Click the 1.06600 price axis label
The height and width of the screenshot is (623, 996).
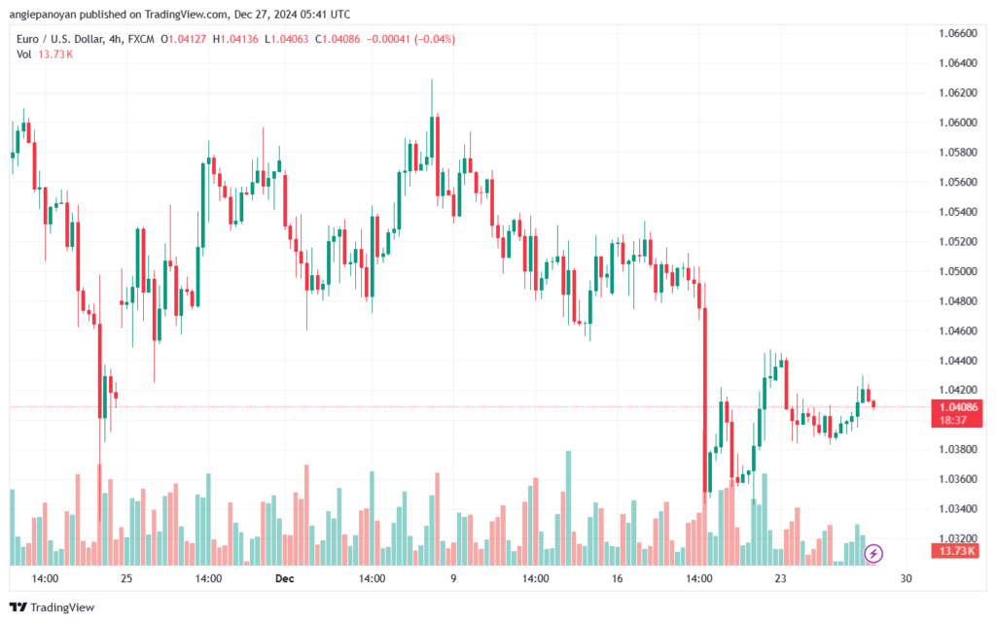pyautogui.click(x=957, y=33)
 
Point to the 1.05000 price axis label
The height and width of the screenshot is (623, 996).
pyautogui.click(x=957, y=271)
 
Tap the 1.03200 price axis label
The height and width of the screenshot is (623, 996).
pyautogui.click(x=957, y=538)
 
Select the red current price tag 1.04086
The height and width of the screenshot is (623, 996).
pyautogui.click(x=957, y=413)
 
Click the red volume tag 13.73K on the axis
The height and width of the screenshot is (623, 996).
pyautogui.click(x=957, y=551)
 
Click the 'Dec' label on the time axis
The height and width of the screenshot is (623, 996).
pyautogui.click(x=285, y=578)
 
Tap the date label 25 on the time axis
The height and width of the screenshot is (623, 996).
pyautogui.click(x=126, y=578)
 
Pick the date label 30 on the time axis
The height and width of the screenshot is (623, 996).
pyautogui.click(x=906, y=578)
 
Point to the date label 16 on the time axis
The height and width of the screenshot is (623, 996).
pyautogui.click(x=617, y=578)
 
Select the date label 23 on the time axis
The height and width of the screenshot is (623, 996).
pyautogui.click(x=780, y=578)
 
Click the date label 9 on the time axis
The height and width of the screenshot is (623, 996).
pyautogui.click(x=453, y=578)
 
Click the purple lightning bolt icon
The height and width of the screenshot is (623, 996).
pyautogui.click(x=873, y=554)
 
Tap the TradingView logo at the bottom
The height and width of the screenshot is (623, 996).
pyautogui.click(x=53, y=607)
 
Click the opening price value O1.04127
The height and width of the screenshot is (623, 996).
pyautogui.click(x=184, y=39)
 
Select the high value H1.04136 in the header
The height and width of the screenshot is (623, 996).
pyautogui.click(x=235, y=39)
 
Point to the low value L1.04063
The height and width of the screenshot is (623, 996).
pyautogui.click(x=287, y=39)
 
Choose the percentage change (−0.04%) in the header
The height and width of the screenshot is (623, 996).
pyautogui.click(x=435, y=39)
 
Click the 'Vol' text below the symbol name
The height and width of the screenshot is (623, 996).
pyautogui.click(x=23, y=54)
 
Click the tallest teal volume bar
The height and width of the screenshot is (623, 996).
pyautogui.click(x=568, y=508)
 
